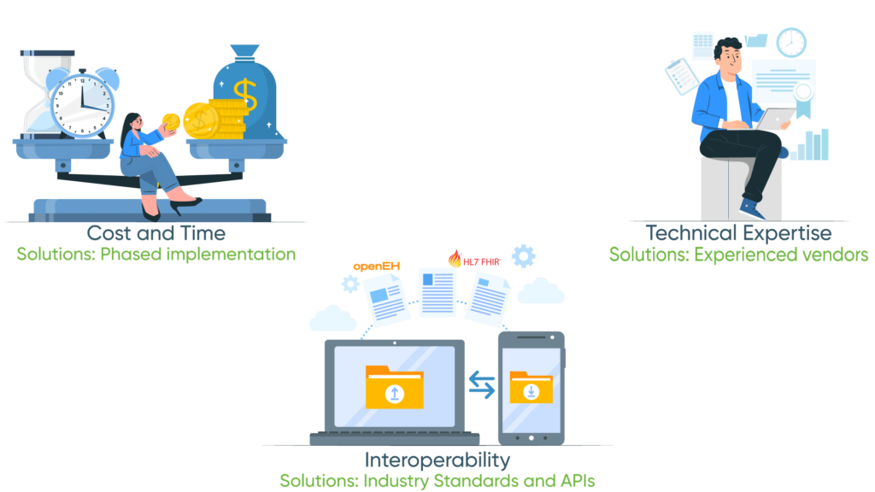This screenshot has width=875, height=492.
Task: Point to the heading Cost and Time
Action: (156, 233)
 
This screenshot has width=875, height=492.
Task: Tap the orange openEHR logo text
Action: (377, 266)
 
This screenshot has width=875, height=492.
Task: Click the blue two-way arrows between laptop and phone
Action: (482, 386)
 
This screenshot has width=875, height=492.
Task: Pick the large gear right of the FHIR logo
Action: (523, 256)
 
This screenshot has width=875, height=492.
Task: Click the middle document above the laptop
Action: (437, 291)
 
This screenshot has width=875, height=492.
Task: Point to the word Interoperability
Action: (437, 460)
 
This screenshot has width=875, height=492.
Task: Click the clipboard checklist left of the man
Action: (681, 76)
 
